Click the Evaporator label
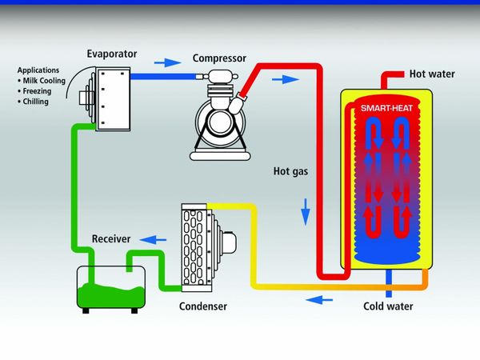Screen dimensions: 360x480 113,54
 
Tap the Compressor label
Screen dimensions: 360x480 219,58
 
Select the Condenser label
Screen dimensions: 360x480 203,306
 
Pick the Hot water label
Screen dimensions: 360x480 432,74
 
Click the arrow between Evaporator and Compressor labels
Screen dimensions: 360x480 167,62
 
